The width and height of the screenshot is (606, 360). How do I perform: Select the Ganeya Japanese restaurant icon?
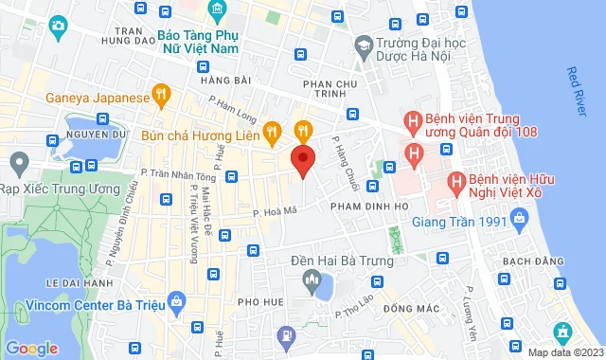click(162, 96)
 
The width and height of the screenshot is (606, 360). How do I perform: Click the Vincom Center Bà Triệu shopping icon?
click(176, 302)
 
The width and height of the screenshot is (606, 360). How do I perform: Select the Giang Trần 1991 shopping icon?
click(518, 223)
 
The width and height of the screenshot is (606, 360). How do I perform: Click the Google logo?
click(31, 349)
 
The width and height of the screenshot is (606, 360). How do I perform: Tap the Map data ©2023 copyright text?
click(563, 352)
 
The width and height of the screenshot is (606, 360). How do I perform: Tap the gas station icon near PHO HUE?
click(286, 334)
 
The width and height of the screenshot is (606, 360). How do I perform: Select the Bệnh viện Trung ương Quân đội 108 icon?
click(413, 121)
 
